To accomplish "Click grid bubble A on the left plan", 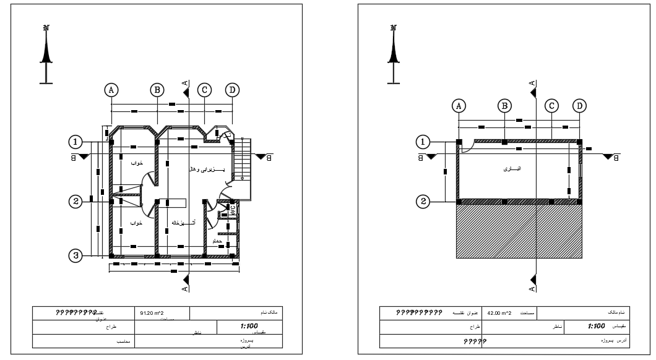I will (x=111, y=90).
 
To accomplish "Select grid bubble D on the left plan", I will (x=233, y=90).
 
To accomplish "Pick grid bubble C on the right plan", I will (x=551, y=106).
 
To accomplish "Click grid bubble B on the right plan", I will (x=505, y=106).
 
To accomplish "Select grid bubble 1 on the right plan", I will (x=423, y=142).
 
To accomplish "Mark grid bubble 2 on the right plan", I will (x=423, y=202).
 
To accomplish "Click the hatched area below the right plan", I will (x=519, y=232).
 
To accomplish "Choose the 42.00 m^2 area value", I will (x=502, y=313).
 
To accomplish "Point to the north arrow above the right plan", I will (x=394, y=53).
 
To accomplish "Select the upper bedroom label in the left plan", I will (x=137, y=163).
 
